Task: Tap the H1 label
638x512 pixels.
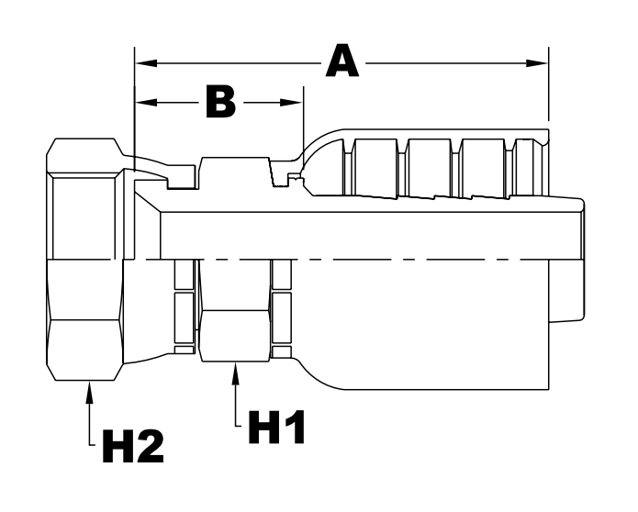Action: (x=273, y=428)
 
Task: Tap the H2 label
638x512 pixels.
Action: (x=131, y=447)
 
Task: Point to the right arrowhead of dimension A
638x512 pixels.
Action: (x=540, y=63)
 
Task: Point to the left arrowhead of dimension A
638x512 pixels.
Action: (x=143, y=63)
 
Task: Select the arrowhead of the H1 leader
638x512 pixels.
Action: (x=236, y=369)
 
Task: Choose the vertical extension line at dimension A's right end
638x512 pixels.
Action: (x=548, y=87)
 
